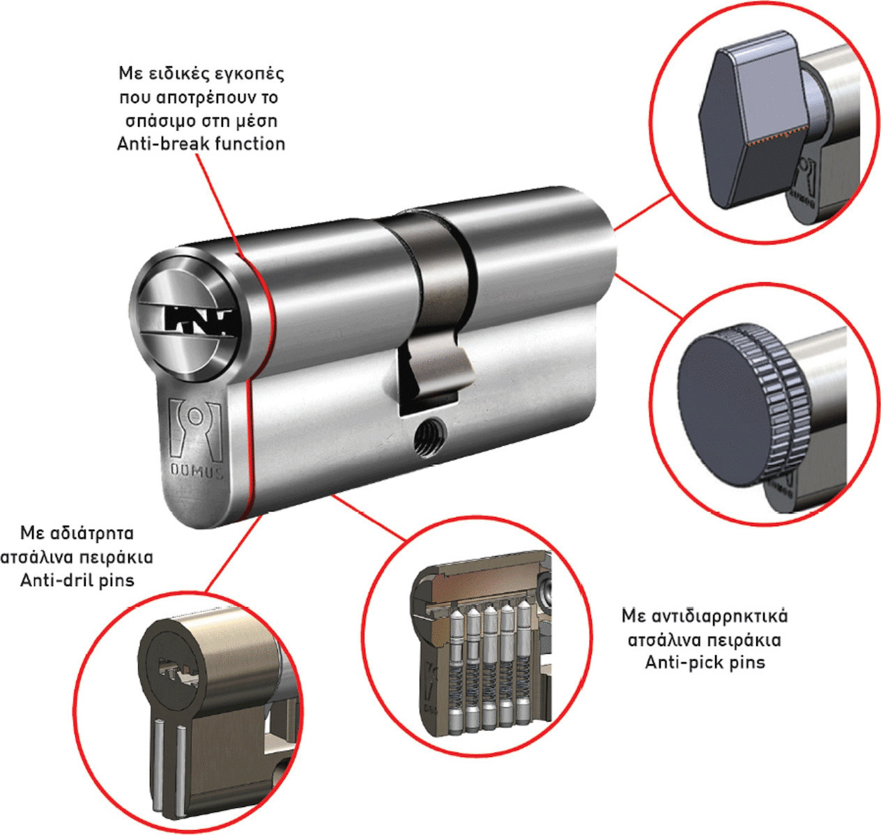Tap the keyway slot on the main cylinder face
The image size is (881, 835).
click(198, 321)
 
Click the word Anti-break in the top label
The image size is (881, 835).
click(161, 144)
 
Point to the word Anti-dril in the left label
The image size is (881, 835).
click(53, 581)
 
